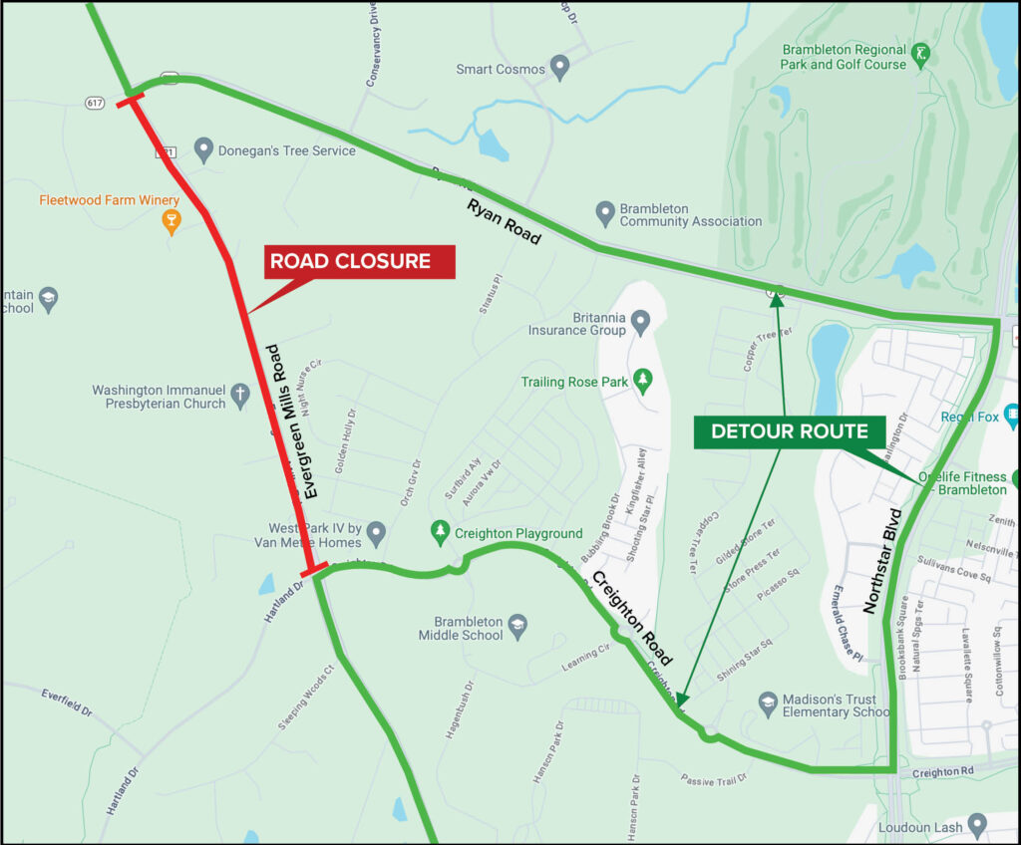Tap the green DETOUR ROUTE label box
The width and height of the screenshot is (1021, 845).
pos(791,431)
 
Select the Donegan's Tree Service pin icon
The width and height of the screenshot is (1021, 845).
pos(203,149)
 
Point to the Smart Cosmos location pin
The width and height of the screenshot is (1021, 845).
pos(559,69)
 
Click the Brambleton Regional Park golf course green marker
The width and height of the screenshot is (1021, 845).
pos(922,54)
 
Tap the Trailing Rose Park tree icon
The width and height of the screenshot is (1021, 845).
pos(643,381)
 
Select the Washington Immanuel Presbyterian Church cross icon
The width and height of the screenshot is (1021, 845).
pos(240,395)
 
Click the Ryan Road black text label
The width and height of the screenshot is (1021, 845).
pos(504,222)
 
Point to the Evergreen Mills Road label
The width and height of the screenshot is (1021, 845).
pos(294,422)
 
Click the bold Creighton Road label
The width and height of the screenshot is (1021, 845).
pos(630,618)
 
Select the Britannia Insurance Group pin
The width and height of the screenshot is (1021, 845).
pos(640,322)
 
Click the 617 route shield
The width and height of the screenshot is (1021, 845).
pos(95,102)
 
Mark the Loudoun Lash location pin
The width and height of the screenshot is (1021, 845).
pos(977,825)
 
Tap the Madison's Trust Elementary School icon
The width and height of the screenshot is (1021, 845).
pos(767,704)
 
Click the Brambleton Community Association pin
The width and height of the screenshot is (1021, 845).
pos(604,213)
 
